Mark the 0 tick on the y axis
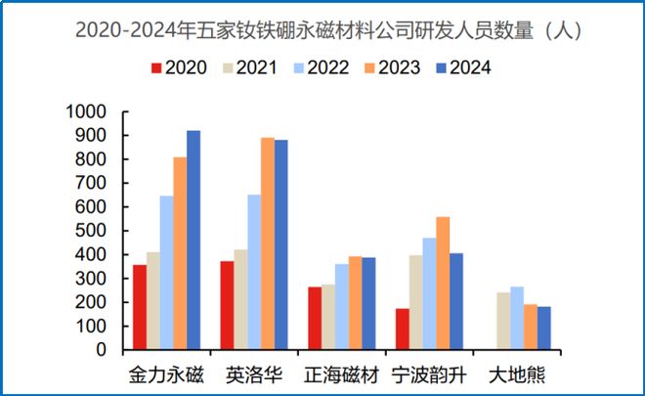pos(101,349)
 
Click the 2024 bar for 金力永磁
pos(193,240)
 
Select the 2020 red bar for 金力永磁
pos(140,307)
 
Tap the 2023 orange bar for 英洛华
pos(268,243)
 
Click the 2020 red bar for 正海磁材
pos(315,318)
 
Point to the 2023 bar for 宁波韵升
pos(443,283)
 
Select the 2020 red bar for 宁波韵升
pos(403,329)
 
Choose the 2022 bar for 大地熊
pos(516,318)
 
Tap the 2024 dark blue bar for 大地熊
pos(543,328)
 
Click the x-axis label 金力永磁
pos(166,374)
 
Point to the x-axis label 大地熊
pos(515,374)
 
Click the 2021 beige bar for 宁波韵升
pos(416,302)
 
